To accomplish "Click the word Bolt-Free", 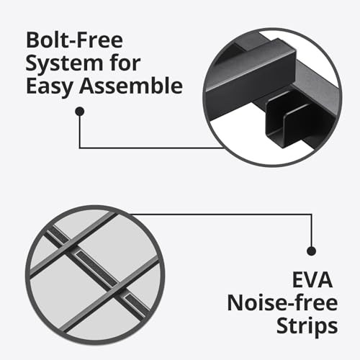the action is (x=74, y=40).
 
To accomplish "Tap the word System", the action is (x=64, y=64).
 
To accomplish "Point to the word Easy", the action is (x=50, y=86).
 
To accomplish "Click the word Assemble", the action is (x=131, y=86).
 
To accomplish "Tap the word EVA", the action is (x=312, y=280).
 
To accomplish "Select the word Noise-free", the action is (x=282, y=303).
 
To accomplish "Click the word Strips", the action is (x=307, y=327).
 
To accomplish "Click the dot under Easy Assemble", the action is (x=80, y=112).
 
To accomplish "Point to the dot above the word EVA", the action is (x=312, y=251).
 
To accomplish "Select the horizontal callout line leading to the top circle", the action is (x=152, y=148).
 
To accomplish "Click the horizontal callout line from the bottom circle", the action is (x=221, y=215).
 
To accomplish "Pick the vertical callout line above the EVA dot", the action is (x=312, y=230).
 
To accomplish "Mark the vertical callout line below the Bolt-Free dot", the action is (x=80, y=132).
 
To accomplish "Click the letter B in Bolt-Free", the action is (x=32, y=40).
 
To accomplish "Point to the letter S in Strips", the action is (x=283, y=325).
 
